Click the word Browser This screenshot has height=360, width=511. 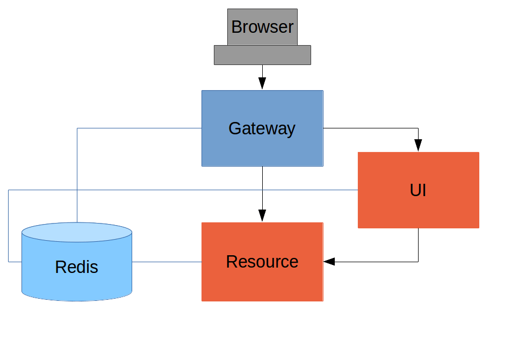[262, 27]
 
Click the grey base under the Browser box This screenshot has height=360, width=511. [262, 55]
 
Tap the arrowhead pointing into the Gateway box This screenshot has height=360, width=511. [262, 83]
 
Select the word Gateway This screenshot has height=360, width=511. [262, 128]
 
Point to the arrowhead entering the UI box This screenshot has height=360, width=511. [418, 146]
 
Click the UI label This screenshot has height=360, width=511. [418, 190]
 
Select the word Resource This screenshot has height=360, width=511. [262, 262]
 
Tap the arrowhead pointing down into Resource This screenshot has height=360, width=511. [262, 215]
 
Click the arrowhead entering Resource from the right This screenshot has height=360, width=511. [329, 262]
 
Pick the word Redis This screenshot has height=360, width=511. [76, 267]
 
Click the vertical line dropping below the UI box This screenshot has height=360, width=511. [418, 244]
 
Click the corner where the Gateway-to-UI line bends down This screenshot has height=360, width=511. [418, 128]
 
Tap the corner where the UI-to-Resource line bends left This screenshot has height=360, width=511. [418, 262]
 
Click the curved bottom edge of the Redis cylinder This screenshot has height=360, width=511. [77, 299]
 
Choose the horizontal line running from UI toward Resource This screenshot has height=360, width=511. [376, 262]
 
